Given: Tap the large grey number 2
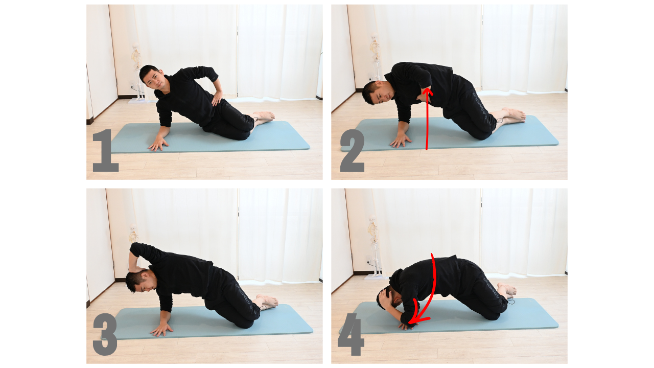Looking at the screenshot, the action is click(353, 150).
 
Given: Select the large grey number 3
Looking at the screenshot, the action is click(105, 334).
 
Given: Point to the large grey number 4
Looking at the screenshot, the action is click(351, 334).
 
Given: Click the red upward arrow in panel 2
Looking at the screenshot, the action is click(427, 120).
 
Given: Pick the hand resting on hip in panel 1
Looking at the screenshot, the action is click(217, 98).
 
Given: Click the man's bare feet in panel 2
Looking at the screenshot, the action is click(513, 115).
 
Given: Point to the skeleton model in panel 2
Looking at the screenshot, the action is click(376, 56).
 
